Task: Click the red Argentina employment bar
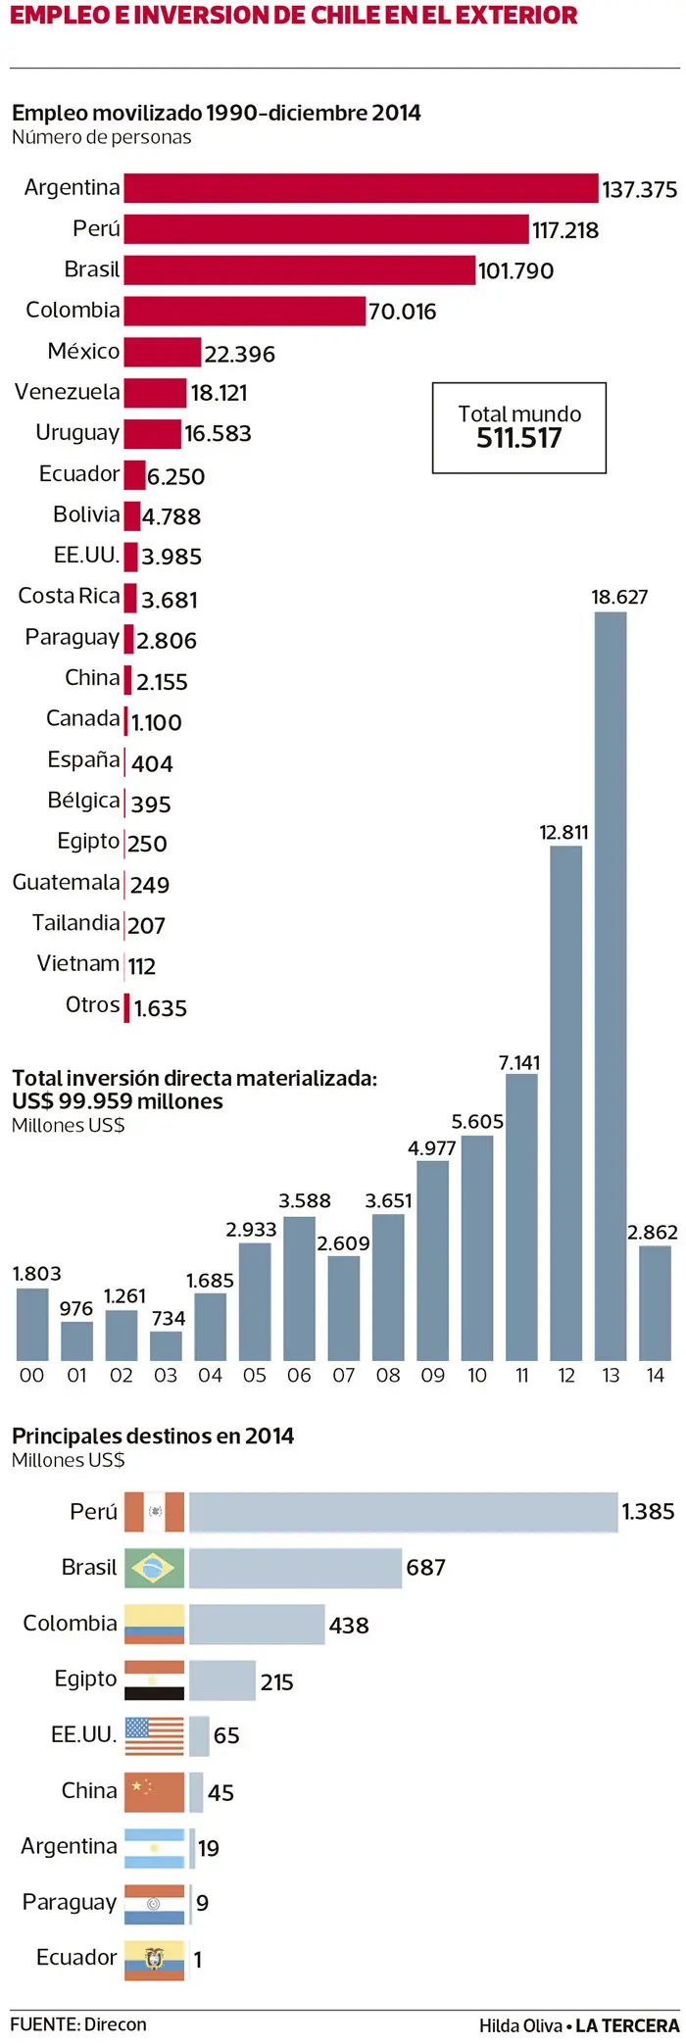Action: (361, 188)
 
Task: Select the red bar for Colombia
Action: (245, 311)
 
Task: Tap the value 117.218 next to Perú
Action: (564, 230)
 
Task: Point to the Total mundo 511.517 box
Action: (519, 428)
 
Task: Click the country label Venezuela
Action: (68, 392)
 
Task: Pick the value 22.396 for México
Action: (239, 354)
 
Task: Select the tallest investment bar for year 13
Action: (611, 985)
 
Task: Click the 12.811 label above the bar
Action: (563, 833)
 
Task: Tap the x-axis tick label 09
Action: (432, 1375)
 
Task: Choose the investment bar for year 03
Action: (166, 1344)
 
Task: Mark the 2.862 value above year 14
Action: (652, 1232)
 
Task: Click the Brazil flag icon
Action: (154, 1568)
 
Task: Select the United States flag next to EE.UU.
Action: (154, 1735)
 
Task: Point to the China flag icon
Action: (154, 1791)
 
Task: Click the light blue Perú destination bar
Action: (403, 1512)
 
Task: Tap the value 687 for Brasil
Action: (425, 1568)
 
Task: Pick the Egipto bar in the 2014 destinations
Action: (222, 1680)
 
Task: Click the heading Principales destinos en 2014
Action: (153, 1436)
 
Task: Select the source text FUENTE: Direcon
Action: (78, 2024)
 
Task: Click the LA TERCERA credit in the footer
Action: (627, 2025)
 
